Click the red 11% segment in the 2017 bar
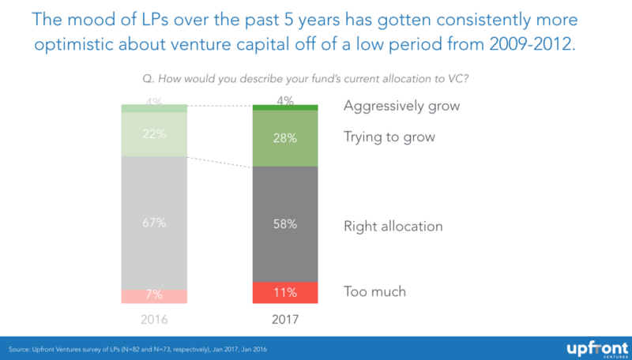(x=285, y=292)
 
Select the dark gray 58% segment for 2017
(x=285, y=224)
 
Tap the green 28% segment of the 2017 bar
(x=285, y=138)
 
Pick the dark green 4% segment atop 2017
(x=285, y=107)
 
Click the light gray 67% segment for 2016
(x=154, y=223)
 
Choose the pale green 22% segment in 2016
(x=154, y=134)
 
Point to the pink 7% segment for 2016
(x=154, y=296)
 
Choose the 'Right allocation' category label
(x=393, y=226)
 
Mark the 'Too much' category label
(x=374, y=291)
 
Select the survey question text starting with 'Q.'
(x=316, y=77)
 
